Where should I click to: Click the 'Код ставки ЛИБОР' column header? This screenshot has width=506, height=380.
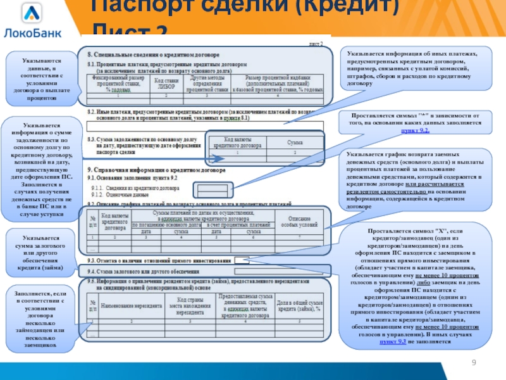coord(166,83)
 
